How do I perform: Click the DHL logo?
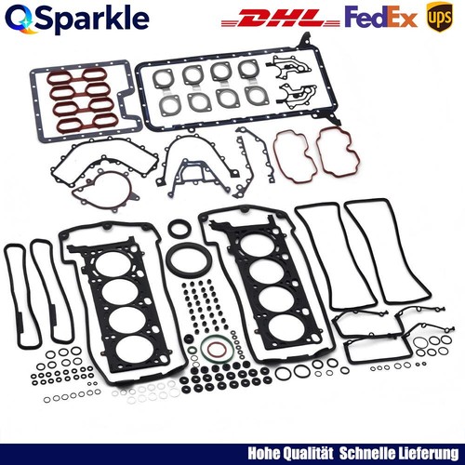[281, 18]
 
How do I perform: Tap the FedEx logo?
[380, 18]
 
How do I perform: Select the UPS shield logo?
[440, 17]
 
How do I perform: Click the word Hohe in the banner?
[264, 454]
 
